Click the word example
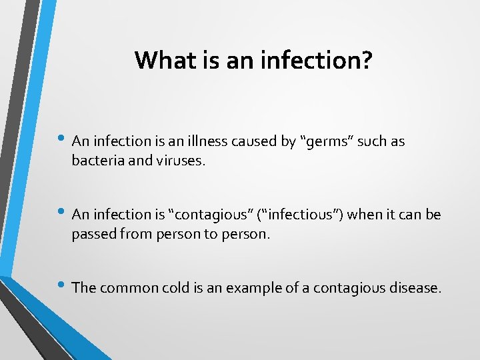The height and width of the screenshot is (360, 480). (x=252, y=288)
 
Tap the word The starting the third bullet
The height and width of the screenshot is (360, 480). (x=83, y=288)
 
